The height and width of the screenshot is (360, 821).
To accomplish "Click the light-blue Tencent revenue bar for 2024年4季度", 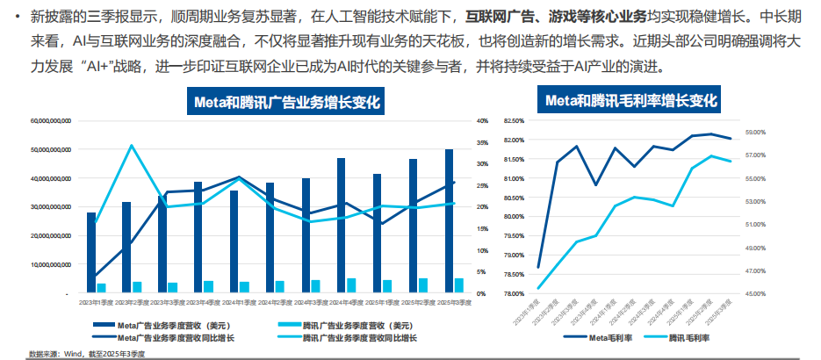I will tap(352, 284).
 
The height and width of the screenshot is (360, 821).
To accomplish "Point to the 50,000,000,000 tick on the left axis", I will tap(51, 150).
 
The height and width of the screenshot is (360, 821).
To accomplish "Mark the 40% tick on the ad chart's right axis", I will tap(482, 121).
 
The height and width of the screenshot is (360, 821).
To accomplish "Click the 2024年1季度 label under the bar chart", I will tap(240, 303).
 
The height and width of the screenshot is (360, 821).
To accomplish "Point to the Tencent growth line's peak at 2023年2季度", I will tap(131, 146).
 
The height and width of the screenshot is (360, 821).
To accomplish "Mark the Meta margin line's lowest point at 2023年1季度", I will tap(538, 268).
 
